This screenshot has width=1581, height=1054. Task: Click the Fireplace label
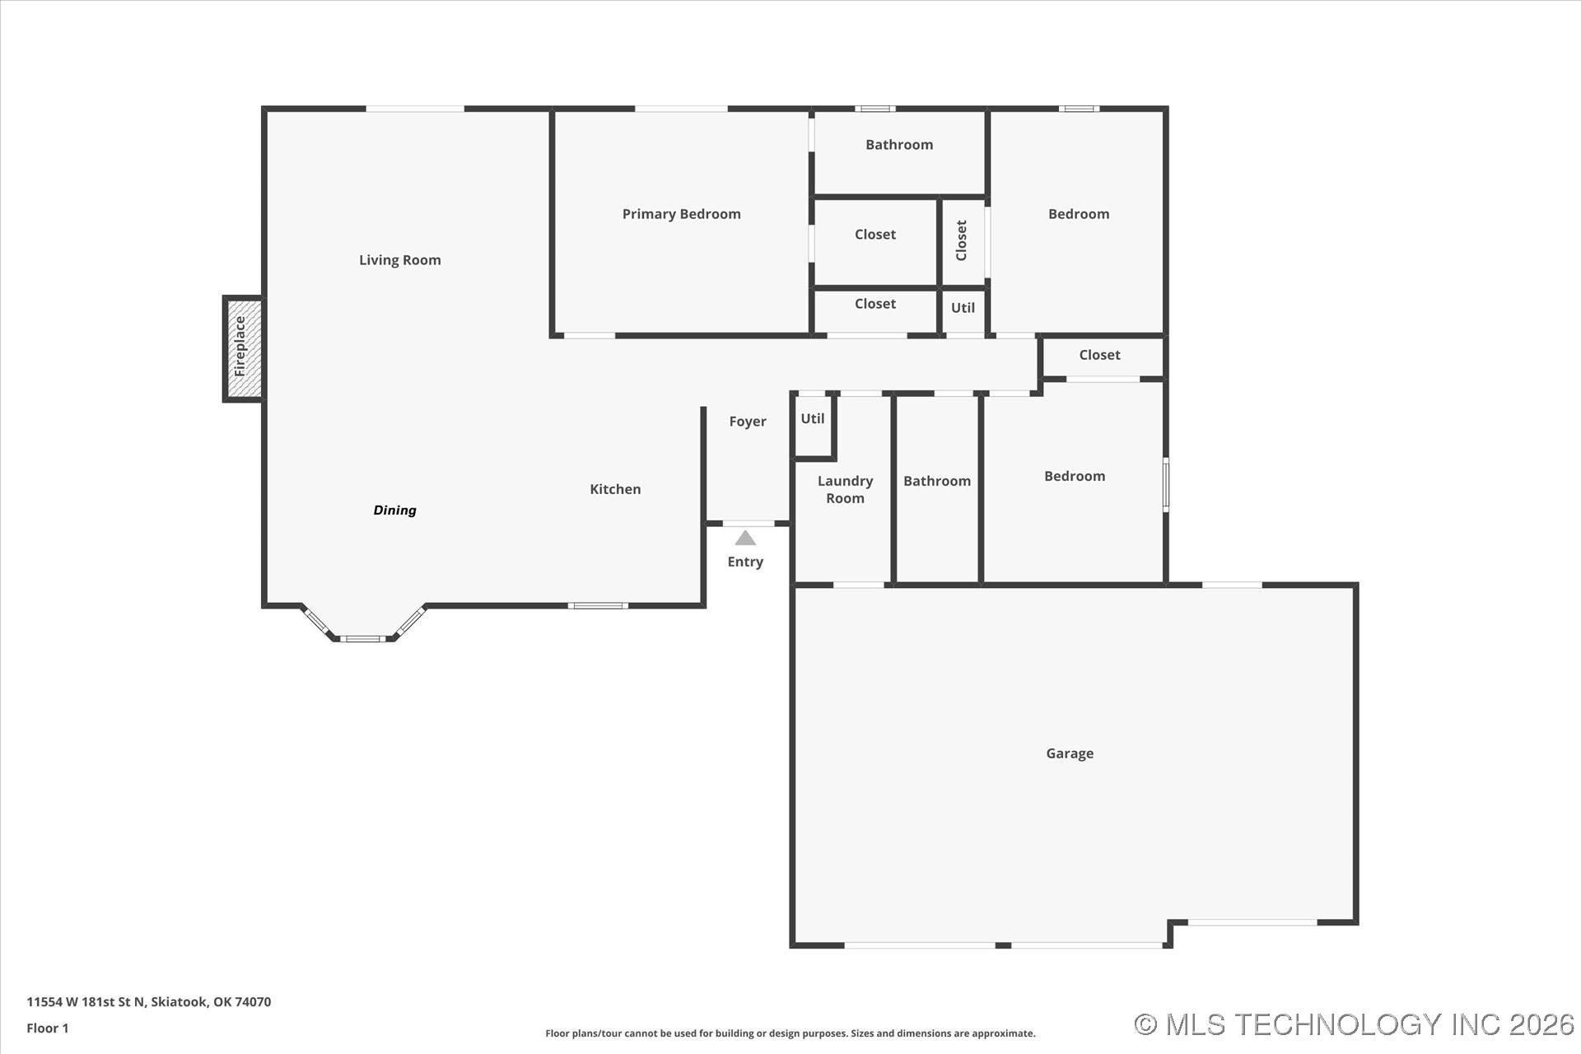tap(240, 347)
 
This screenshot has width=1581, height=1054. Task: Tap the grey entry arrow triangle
tap(745, 539)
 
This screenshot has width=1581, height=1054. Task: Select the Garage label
tap(1070, 753)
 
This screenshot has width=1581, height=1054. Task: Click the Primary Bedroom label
tap(681, 214)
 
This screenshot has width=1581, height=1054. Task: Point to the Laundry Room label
tap(845, 489)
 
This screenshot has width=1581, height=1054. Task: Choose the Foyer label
tap(747, 422)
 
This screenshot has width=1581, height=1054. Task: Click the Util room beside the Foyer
tap(813, 418)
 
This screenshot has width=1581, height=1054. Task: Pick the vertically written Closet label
tap(961, 240)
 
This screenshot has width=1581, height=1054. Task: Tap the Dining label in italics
tap(394, 511)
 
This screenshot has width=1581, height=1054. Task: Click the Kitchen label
tap(615, 489)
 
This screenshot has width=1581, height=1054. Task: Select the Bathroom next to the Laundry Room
tap(936, 481)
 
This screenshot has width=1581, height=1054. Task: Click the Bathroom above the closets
tap(899, 145)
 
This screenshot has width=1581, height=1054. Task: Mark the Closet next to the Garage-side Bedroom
tap(1099, 355)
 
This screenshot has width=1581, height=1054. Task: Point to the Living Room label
tap(399, 260)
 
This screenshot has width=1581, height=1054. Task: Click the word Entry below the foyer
tap(745, 562)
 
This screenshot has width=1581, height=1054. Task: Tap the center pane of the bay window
tap(362, 638)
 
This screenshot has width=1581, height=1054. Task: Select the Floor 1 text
tap(48, 1028)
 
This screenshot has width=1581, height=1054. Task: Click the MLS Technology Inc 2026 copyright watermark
tap(1354, 1024)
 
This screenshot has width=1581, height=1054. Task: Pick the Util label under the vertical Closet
tap(963, 308)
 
